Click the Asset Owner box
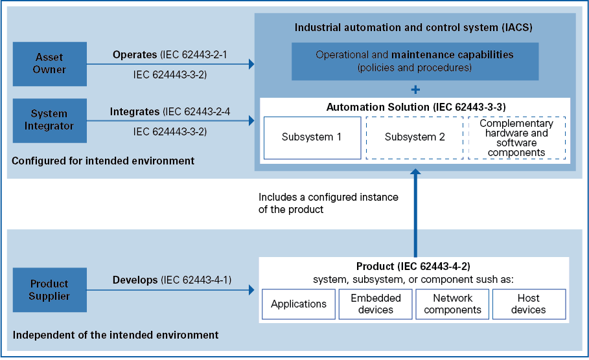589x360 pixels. pos(49,64)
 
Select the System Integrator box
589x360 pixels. pos(49,120)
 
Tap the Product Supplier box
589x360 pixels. pos(49,289)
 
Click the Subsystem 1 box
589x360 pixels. pos(312,137)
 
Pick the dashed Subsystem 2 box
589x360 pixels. pos(415,137)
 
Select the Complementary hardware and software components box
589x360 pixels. pos(516,137)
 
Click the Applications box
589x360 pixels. pos(299,304)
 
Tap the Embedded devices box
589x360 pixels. pos(376,304)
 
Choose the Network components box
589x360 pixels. pos(453,304)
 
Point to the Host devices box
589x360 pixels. pos(529,304)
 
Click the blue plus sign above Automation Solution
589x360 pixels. pos(415,89)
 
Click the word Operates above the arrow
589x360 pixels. pos(135,54)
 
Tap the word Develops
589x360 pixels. pos(135,280)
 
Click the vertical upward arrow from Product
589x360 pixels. pos(415,214)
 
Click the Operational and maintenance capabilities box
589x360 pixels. pos(415,61)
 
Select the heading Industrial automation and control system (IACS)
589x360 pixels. pos(414,28)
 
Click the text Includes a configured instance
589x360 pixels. pos(328,197)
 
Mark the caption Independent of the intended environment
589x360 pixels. pos(115,335)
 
